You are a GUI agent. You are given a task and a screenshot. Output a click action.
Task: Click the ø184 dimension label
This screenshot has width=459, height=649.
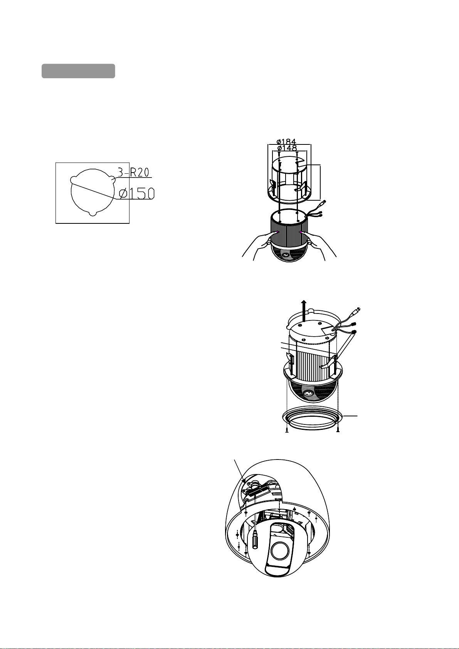(x=286, y=141)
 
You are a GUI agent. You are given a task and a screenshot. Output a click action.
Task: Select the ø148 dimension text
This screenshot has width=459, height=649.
(x=287, y=148)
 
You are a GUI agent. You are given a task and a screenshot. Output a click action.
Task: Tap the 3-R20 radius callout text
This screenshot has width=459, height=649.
(x=133, y=173)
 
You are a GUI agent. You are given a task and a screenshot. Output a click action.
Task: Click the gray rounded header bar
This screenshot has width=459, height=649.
(x=78, y=71)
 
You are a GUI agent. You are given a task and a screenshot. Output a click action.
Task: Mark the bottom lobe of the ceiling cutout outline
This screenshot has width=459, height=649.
(x=92, y=213)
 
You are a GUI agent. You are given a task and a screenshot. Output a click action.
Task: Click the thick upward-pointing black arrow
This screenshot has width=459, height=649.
(x=304, y=311)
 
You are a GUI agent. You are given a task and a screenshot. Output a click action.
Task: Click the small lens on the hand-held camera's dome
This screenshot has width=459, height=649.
(x=286, y=255)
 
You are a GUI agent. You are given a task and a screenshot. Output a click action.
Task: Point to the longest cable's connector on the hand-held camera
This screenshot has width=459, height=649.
(x=324, y=203)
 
